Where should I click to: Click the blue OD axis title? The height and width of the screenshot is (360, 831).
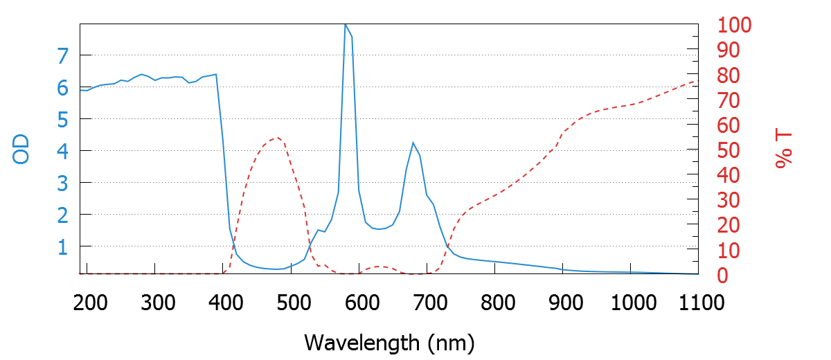[x=21, y=148]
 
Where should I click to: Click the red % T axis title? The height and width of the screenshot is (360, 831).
[x=783, y=150]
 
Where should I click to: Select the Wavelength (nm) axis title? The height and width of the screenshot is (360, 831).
[x=389, y=342]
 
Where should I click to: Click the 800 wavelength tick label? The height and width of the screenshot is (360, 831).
[x=495, y=303]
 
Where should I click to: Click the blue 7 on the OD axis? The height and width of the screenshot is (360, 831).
[x=62, y=55]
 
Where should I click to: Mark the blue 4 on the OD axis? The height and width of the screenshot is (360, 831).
[x=62, y=151]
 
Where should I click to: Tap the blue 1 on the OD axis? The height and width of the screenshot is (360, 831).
[x=62, y=246]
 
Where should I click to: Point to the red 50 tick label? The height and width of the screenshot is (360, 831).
[x=729, y=150]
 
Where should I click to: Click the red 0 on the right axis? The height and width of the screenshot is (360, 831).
[x=724, y=275]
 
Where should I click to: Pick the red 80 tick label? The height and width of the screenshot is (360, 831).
[x=729, y=75]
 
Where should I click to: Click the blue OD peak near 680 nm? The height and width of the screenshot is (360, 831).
[x=413, y=143]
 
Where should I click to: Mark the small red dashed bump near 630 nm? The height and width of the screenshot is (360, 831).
[x=379, y=267]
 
